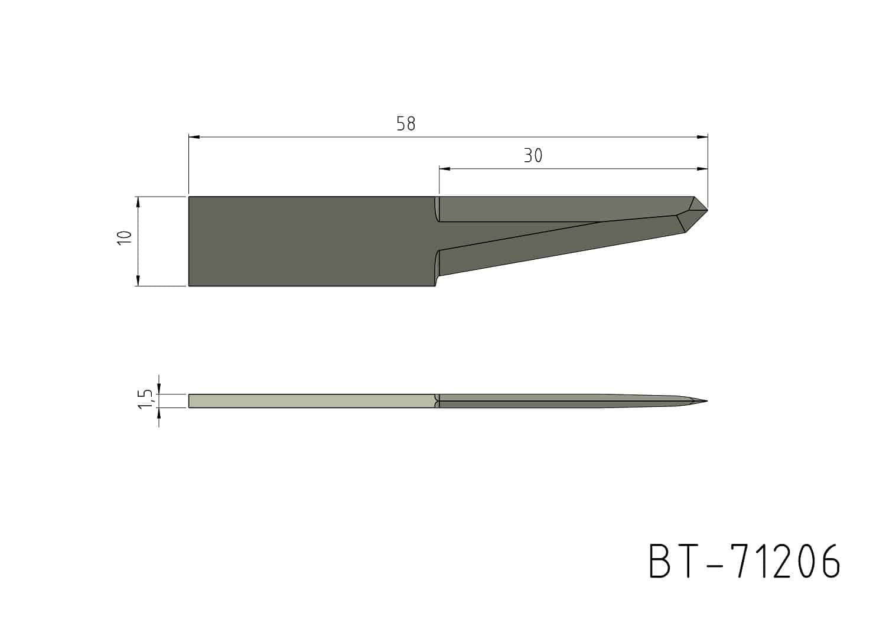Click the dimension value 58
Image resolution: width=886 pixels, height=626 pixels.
(406, 124)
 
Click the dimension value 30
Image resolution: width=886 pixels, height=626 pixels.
(533, 156)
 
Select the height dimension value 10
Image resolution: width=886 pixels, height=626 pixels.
(124, 237)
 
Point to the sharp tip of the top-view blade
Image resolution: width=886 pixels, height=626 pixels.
(708, 208)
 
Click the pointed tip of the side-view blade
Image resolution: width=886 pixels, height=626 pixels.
(707, 402)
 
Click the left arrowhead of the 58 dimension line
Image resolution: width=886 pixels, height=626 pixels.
(194, 137)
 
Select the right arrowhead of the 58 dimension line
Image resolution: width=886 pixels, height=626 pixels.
(702, 137)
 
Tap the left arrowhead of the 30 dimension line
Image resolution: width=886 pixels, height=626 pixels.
(445, 169)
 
